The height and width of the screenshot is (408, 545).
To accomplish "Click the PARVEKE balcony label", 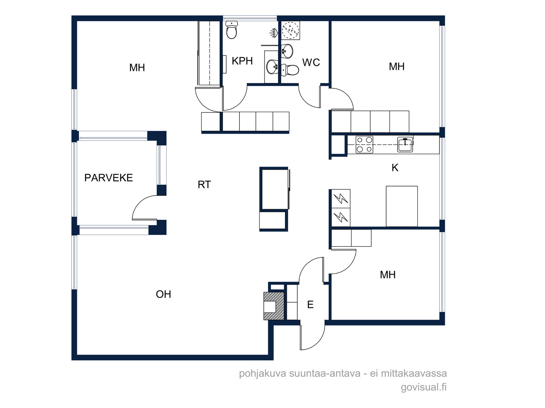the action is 109,177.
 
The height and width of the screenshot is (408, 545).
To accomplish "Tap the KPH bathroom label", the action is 242,61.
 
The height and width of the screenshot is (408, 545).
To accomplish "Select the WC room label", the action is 311,63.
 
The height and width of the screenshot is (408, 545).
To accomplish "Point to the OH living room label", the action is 163,294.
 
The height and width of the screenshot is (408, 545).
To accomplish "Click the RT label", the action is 204,185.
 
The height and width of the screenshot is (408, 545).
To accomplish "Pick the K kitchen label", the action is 395,168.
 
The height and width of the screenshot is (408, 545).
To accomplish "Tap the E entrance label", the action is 310,304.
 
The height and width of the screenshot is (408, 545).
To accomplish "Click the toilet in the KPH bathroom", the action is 232,30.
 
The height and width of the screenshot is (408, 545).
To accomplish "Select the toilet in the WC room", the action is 290,70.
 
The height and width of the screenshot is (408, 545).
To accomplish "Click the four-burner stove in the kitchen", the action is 364,145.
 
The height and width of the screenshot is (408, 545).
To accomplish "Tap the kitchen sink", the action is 405,144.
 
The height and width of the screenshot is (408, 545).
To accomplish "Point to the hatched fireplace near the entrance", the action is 274,306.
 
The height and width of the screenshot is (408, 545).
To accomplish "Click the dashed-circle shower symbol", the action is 291,30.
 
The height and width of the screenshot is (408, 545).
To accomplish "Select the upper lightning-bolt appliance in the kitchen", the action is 341,199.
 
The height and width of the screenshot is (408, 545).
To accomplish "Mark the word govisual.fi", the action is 424,387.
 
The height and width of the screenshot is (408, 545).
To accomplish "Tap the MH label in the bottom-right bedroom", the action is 388,275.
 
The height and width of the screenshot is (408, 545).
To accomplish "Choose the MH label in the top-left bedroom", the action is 137,68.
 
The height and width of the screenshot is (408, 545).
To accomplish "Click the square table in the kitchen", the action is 402,206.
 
